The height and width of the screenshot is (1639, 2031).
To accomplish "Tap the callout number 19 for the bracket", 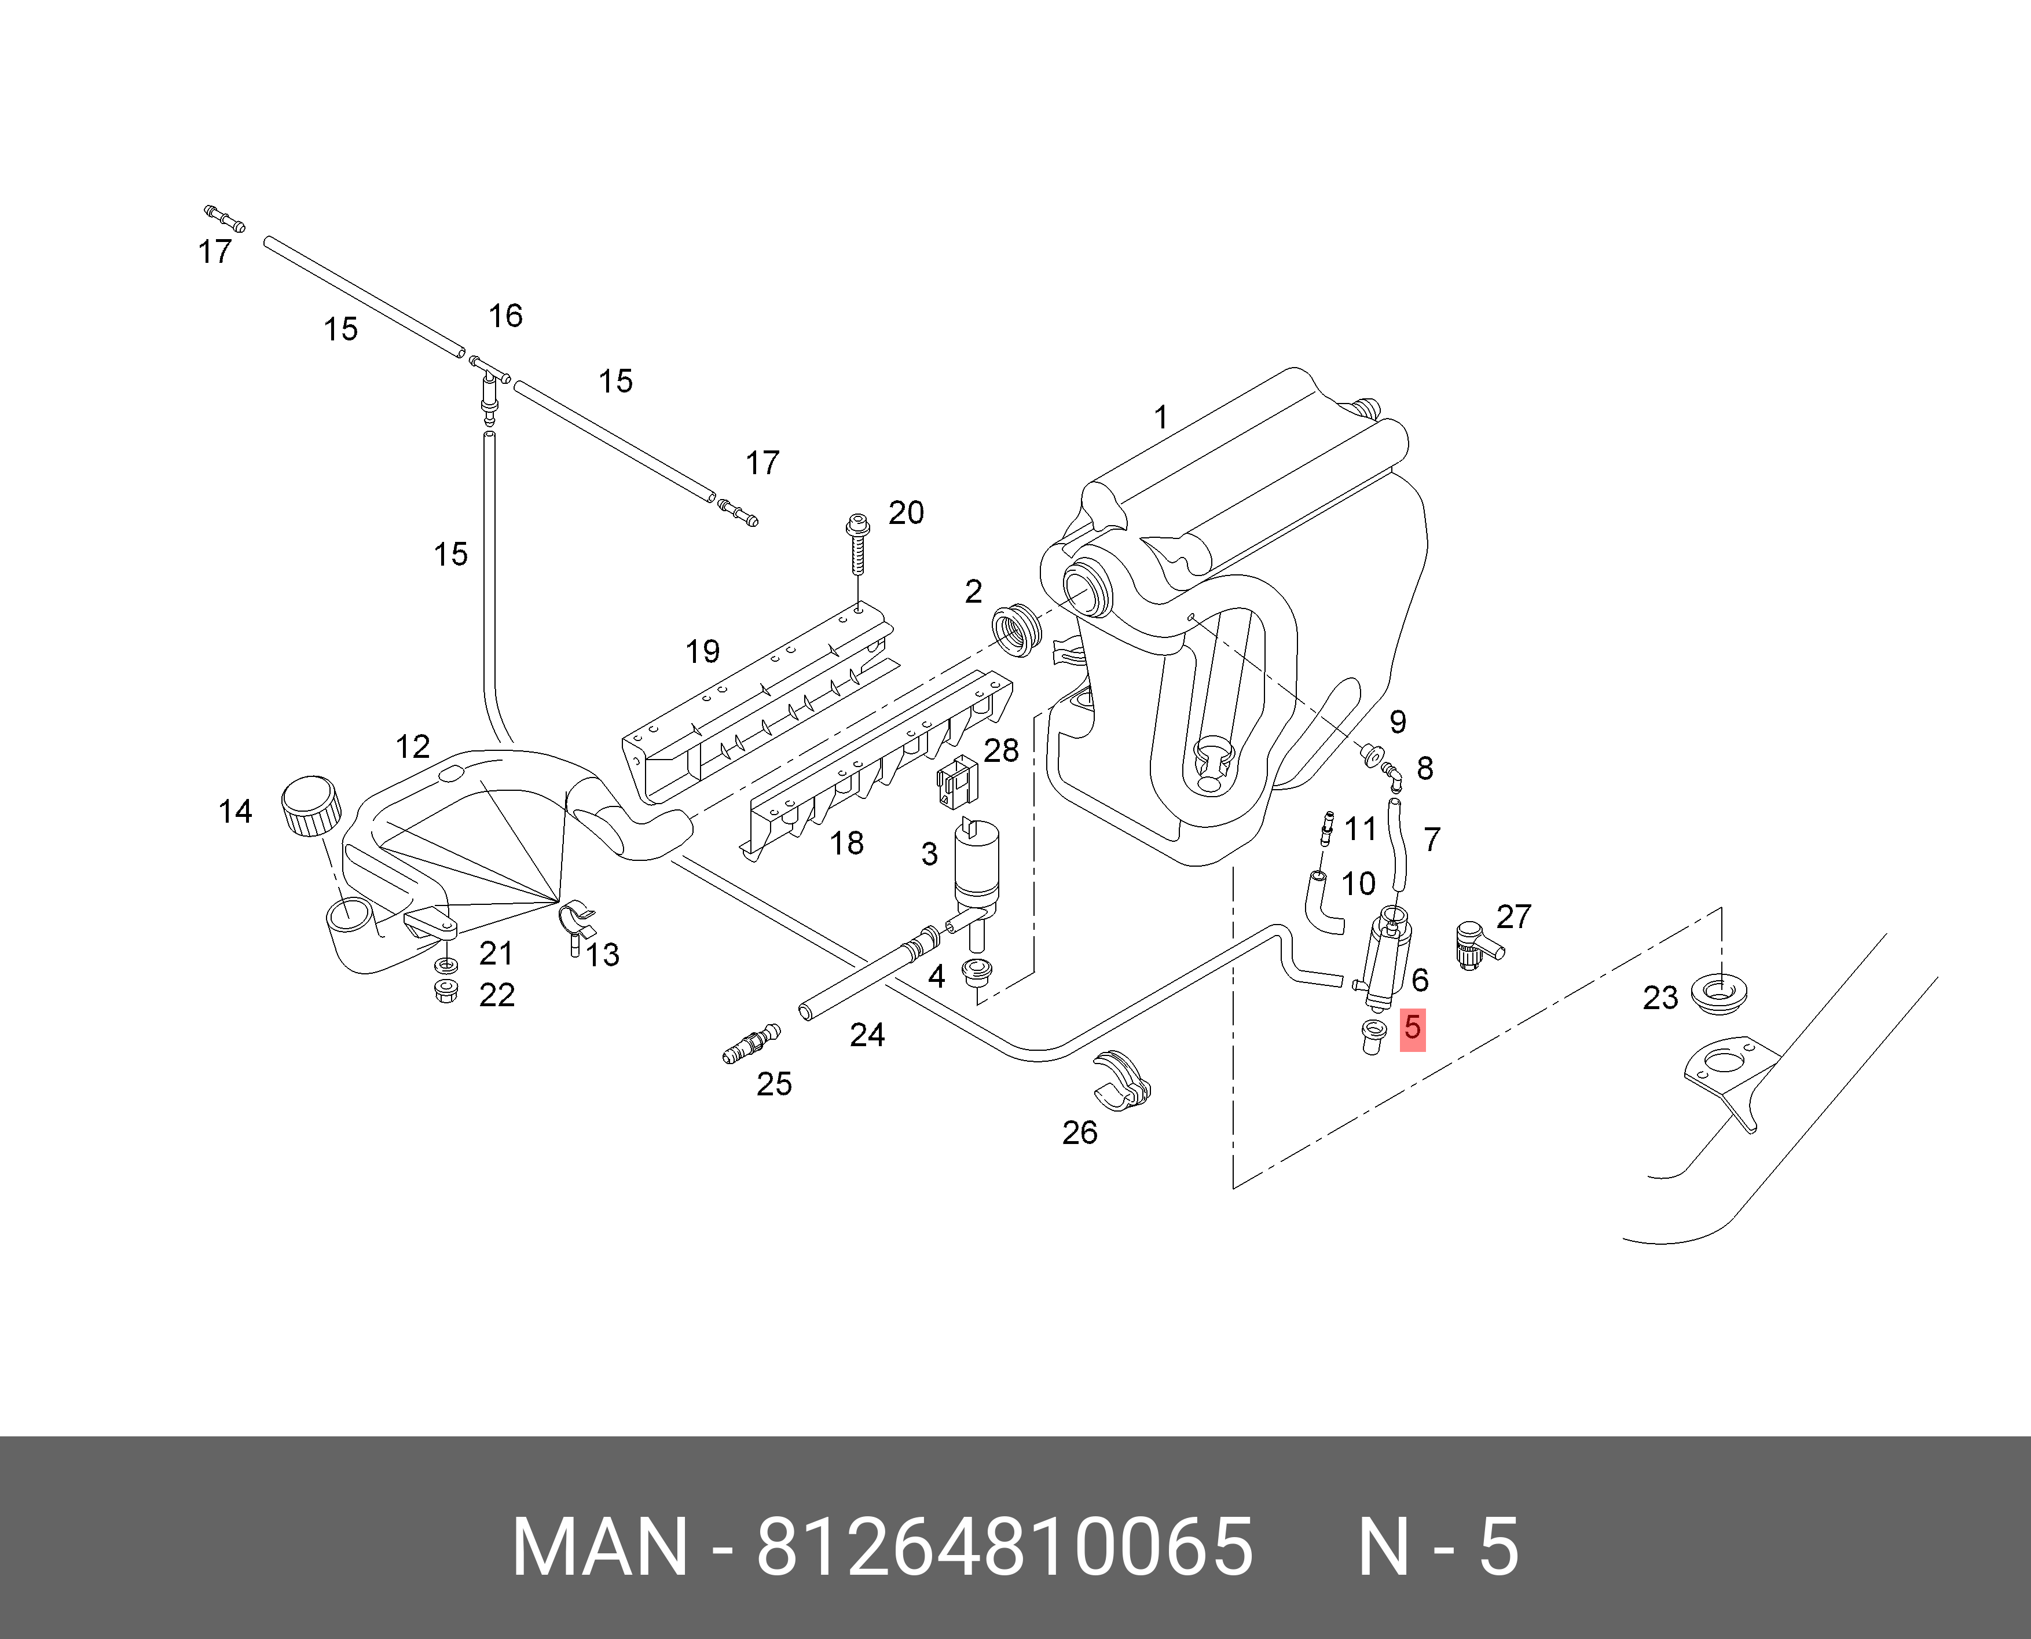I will [x=702, y=651].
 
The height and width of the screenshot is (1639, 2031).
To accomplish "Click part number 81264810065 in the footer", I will [x=1004, y=1548].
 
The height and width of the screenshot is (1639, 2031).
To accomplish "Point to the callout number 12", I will [x=413, y=747].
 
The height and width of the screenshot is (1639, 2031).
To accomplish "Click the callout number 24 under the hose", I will [x=867, y=1035].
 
